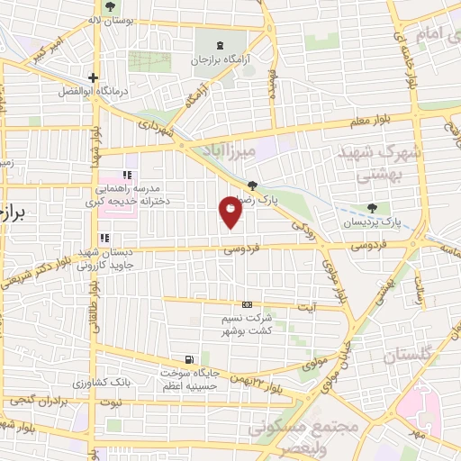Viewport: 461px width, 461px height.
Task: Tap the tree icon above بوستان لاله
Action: click(110, 6)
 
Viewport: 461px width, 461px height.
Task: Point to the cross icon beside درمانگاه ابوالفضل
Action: click(93, 77)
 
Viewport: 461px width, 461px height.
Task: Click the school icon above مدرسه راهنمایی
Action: click(127, 175)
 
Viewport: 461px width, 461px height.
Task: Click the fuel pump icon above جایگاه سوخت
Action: click(187, 359)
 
